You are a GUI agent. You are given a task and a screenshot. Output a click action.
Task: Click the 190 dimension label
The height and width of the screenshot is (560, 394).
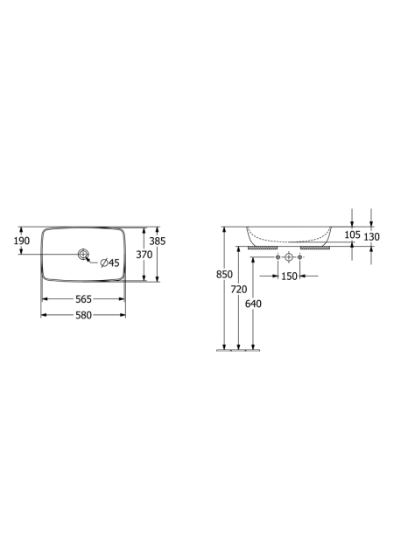pyautogui.click(x=22, y=241)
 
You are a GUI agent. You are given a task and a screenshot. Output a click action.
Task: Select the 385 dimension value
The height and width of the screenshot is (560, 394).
pyautogui.click(x=158, y=241)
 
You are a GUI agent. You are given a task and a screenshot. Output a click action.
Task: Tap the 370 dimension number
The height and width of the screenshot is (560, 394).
pyautogui.click(x=144, y=255)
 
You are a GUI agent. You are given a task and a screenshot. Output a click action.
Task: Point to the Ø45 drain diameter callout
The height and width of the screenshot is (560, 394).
pyautogui.click(x=109, y=263)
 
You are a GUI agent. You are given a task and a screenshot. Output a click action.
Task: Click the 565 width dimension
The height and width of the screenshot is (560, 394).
pyautogui.click(x=84, y=299)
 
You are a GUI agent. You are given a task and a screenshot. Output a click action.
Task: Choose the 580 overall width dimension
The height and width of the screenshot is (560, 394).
pyautogui.click(x=84, y=315)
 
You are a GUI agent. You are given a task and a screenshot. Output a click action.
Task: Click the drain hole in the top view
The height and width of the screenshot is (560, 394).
pyautogui.click(x=83, y=254)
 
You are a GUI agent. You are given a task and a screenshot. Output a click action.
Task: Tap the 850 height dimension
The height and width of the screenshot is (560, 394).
pyautogui.click(x=224, y=274)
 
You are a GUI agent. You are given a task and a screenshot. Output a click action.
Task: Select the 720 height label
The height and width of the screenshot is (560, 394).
pyautogui.click(x=238, y=290)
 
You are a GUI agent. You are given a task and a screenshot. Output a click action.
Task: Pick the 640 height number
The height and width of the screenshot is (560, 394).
pyautogui.click(x=253, y=304)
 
